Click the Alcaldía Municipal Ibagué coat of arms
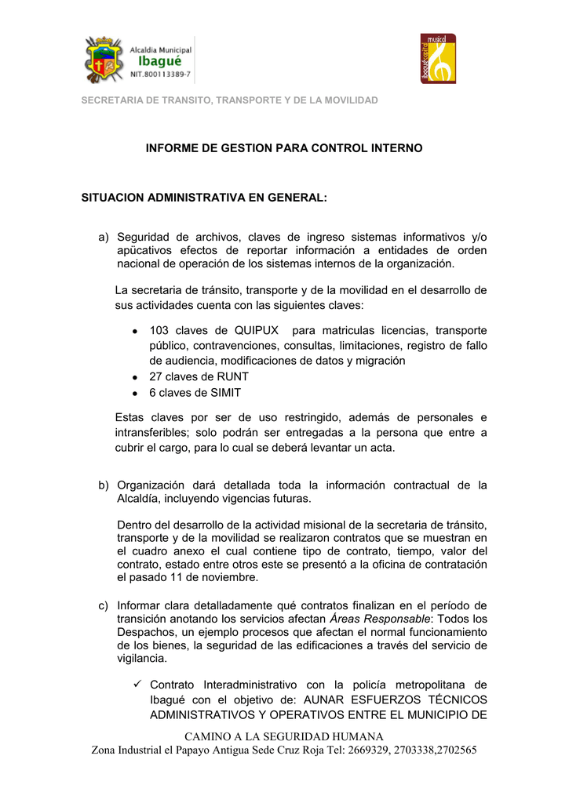coord(103,60)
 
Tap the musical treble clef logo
coord(438,59)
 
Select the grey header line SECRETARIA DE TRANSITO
coord(230,100)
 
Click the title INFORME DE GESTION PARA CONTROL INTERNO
coord(284,148)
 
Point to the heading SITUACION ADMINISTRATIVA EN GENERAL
coord(204,198)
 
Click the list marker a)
coord(104,237)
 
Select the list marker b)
coord(104,485)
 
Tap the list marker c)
coord(104,605)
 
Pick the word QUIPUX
coord(257,331)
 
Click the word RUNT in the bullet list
coord(233,376)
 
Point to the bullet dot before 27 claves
coord(135,377)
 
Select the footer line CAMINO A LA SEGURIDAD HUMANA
coord(284,736)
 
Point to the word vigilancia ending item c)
coord(142,659)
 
